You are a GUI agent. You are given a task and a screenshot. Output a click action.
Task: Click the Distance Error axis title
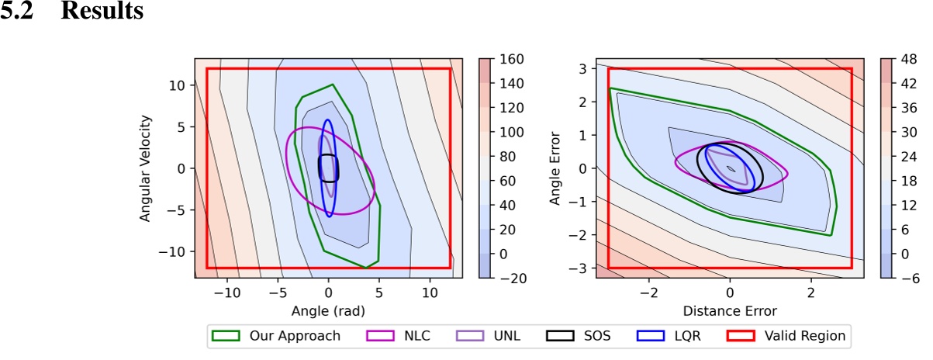729,311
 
